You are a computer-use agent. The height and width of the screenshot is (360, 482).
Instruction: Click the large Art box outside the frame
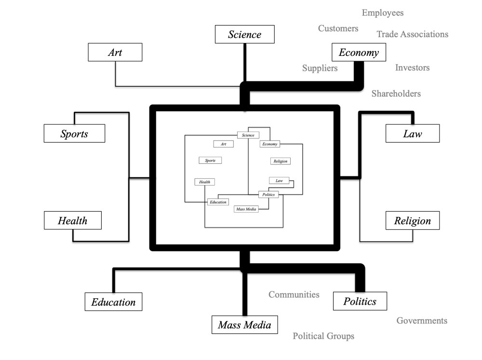pyautogui.click(x=115, y=52)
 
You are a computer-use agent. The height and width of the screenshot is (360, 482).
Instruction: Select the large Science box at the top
pyautogui.click(x=245, y=34)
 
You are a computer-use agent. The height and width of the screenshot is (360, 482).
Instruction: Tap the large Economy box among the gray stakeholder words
pyautogui.click(x=359, y=53)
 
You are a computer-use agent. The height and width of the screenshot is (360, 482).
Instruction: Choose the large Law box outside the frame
pyautogui.click(x=413, y=133)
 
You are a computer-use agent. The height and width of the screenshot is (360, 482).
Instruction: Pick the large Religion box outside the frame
pyautogui.click(x=413, y=220)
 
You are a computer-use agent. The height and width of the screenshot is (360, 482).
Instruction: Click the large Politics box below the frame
pyautogui.click(x=360, y=301)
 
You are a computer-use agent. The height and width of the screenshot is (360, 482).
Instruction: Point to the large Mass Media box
pyautogui.click(x=245, y=324)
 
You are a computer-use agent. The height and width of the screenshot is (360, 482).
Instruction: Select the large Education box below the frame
pyautogui.click(x=114, y=302)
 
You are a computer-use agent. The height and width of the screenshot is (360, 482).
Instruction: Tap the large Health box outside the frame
pyautogui.click(x=73, y=220)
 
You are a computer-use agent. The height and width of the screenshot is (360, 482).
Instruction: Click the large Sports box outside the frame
pyautogui.click(x=74, y=133)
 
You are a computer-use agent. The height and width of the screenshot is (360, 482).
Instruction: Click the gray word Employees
pyautogui.click(x=383, y=13)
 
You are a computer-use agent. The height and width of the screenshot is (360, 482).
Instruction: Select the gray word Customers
pyautogui.click(x=338, y=28)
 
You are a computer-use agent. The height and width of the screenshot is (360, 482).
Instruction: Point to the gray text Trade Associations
pyautogui.click(x=413, y=34)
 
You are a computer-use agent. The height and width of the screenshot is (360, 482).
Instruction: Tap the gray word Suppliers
pyautogui.click(x=320, y=68)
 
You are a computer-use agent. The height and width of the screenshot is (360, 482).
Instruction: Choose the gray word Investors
pyautogui.click(x=412, y=68)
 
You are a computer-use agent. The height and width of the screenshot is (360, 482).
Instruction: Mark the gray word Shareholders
pyautogui.click(x=396, y=93)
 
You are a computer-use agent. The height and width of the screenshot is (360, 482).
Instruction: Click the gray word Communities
pyautogui.click(x=294, y=294)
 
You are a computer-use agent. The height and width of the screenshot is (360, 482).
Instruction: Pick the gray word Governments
pyautogui.click(x=422, y=320)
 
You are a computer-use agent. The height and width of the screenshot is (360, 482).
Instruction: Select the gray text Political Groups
pyautogui.click(x=323, y=336)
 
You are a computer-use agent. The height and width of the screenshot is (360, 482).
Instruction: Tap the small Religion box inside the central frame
pyautogui.click(x=281, y=161)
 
